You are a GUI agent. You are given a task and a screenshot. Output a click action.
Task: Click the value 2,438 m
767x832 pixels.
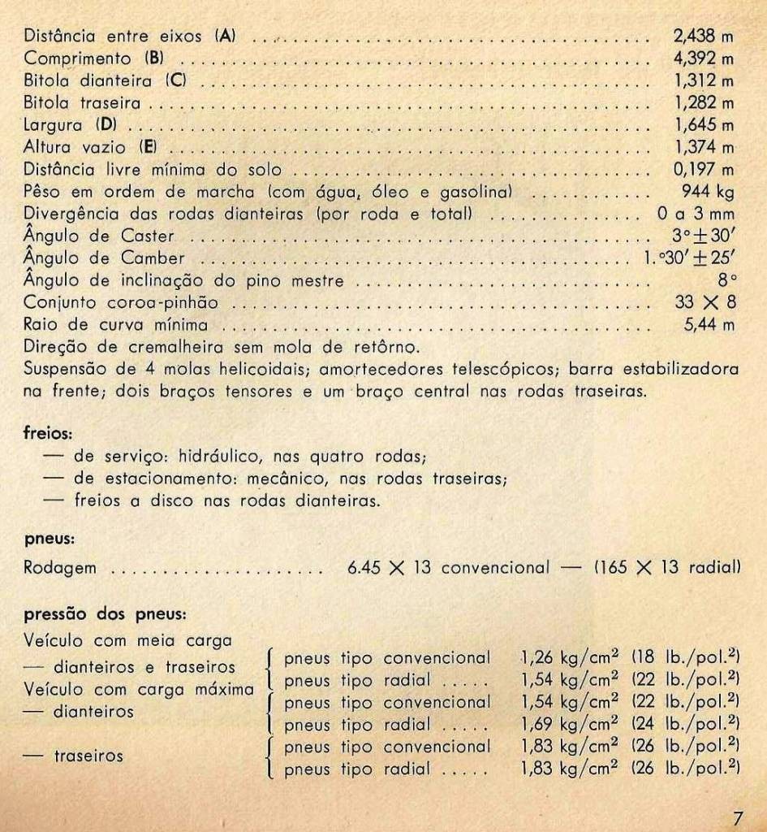tap(704, 36)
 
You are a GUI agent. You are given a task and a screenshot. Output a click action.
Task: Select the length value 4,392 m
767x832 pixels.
tap(704, 58)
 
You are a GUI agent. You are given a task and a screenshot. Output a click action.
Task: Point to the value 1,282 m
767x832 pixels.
tap(704, 103)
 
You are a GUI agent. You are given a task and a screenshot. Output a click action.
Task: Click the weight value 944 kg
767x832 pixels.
tap(709, 192)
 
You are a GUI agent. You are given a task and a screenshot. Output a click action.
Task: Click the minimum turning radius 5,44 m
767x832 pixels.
tap(709, 325)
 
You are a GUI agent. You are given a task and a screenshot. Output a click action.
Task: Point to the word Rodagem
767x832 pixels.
tap(60, 568)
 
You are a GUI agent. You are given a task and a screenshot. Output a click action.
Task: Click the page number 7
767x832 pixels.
tap(737, 817)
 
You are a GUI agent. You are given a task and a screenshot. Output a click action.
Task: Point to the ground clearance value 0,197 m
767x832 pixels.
tap(704, 170)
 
